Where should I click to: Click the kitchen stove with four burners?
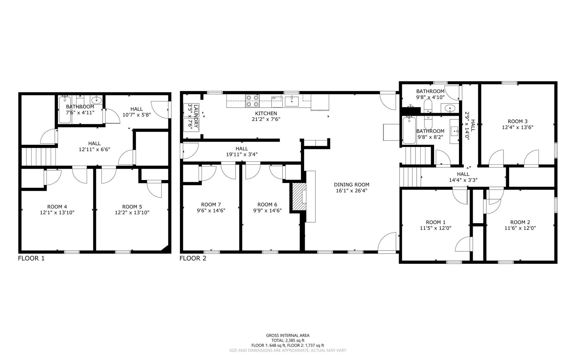[252, 101]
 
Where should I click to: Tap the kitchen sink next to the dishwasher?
[292, 101]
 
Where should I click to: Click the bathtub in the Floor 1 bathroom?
[65, 110]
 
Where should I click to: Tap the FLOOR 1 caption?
[31, 258]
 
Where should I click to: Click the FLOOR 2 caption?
[193, 258]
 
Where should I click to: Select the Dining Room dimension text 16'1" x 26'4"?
[352, 190]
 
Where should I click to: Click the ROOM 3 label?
[517, 121]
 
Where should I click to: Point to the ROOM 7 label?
[211, 205]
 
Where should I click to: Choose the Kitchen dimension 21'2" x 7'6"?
[266, 119]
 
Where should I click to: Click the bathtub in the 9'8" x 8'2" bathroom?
[409, 130]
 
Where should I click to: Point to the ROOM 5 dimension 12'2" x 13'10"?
[132, 213]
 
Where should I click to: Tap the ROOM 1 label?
[436, 222]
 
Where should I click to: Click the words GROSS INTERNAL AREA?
[288, 336]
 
